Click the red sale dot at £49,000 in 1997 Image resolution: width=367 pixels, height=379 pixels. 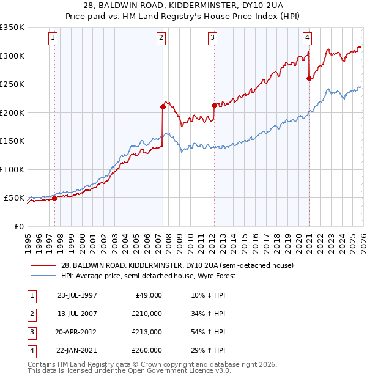[55, 198]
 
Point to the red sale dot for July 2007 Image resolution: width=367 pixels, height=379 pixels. [163, 106]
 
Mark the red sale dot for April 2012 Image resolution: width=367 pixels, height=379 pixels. [214, 105]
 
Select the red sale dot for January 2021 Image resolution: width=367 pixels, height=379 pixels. [309, 78]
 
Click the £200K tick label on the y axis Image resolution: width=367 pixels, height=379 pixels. [12, 112]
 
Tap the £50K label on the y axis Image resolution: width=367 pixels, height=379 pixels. [15, 198]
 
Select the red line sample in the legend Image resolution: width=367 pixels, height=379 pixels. [43, 265]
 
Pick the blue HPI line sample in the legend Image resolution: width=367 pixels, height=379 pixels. [43, 276]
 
